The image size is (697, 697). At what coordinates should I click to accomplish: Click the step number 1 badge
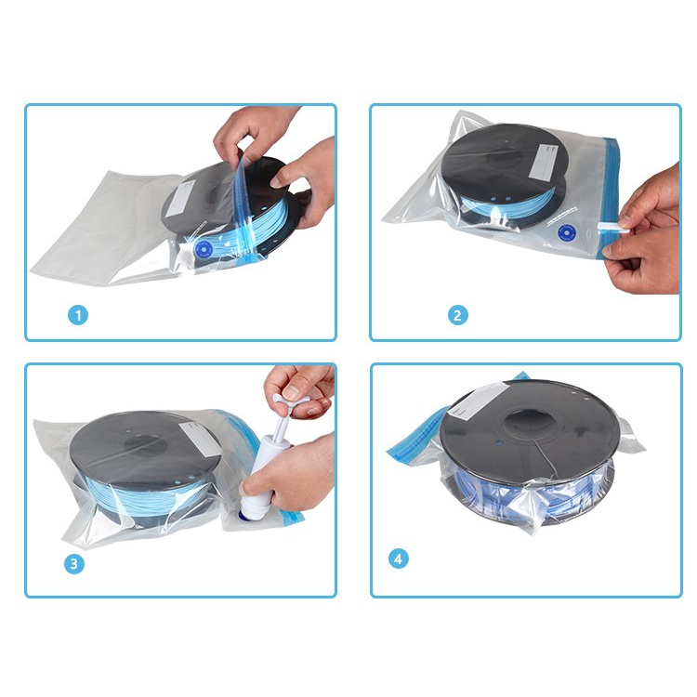[78, 315]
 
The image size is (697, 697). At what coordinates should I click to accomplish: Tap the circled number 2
[457, 315]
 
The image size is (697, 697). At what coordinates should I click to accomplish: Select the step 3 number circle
[73, 564]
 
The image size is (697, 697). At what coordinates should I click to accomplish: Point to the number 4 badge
[398, 559]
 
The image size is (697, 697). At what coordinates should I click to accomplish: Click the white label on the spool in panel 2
[546, 162]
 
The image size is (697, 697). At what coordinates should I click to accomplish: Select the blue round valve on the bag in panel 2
[566, 233]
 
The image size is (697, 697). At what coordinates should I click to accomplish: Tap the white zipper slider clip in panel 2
[613, 228]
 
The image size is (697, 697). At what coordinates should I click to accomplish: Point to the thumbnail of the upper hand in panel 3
[292, 391]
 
